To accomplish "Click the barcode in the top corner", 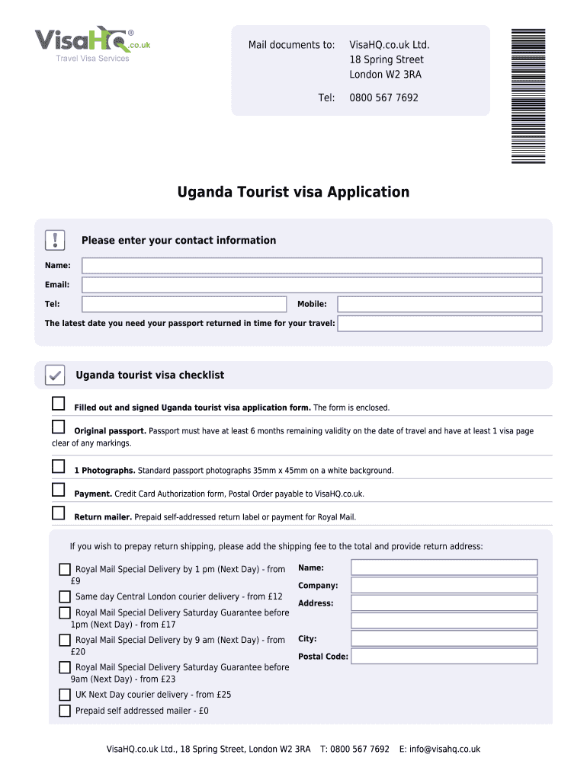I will [528, 95].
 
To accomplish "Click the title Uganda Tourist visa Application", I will [293, 192].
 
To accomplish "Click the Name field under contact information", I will [312, 266].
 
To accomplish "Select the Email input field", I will [312, 285].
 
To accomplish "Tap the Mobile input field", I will [440, 304].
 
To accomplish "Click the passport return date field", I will [440, 324].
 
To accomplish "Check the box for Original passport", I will [59, 427].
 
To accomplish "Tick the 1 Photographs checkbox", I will [59, 466].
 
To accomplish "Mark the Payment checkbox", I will [59, 490].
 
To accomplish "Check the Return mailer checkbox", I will [59, 513].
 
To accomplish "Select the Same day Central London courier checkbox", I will [65, 596].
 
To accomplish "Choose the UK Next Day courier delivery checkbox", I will [65, 695].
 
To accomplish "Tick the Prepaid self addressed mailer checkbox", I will [65, 711].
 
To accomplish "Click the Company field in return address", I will [444, 585].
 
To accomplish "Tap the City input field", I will [444, 638].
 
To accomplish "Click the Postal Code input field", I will [444, 656].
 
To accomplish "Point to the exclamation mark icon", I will [56, 240].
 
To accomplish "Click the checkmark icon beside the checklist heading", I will [55, 375].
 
